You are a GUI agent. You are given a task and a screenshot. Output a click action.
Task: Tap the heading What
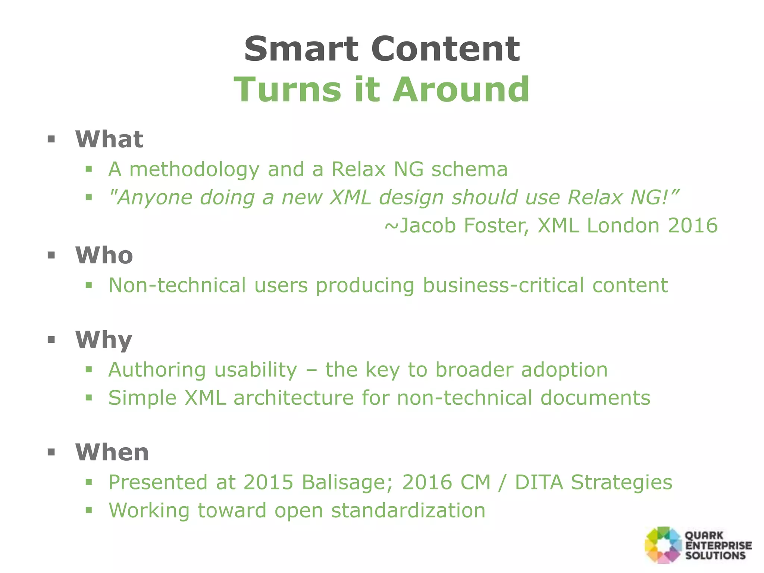click(x=109, y=139)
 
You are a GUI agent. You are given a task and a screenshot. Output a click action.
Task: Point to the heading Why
click(x=104, y=340)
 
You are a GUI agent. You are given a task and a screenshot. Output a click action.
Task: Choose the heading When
click(x=112, y=452)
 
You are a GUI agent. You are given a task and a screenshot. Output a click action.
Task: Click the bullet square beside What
click(x=51, y=140)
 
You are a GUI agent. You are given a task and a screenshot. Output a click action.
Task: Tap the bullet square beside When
click(x=51, y=453)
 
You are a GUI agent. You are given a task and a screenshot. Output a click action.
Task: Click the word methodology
click(x=194, y=170)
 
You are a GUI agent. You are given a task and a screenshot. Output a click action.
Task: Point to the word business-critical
click(x=503, y=286)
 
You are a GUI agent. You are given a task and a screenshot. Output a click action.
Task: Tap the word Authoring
click(x=157, y=370)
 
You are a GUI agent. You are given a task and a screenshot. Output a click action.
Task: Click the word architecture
click(x=294, y=398)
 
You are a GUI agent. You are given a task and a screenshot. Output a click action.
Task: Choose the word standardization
click(x=408, y=510)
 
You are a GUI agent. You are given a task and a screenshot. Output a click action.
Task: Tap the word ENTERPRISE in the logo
click(x=718, y=545)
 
